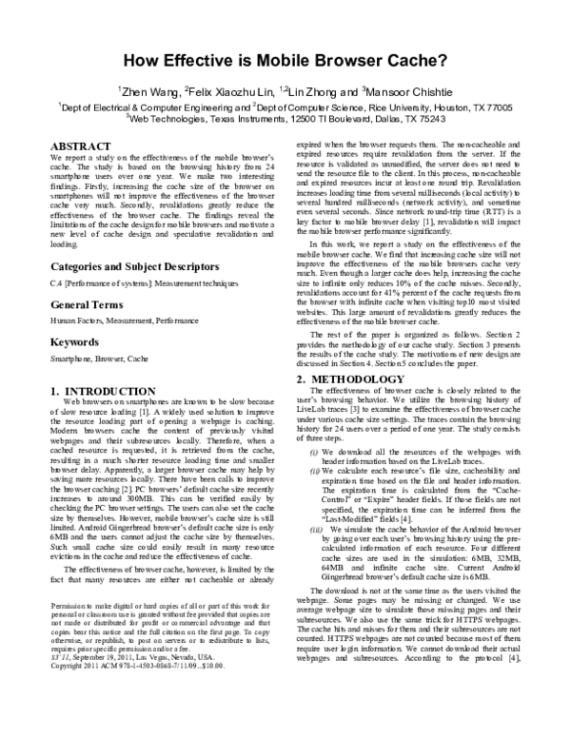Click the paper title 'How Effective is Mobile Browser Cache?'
click(285, 56)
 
